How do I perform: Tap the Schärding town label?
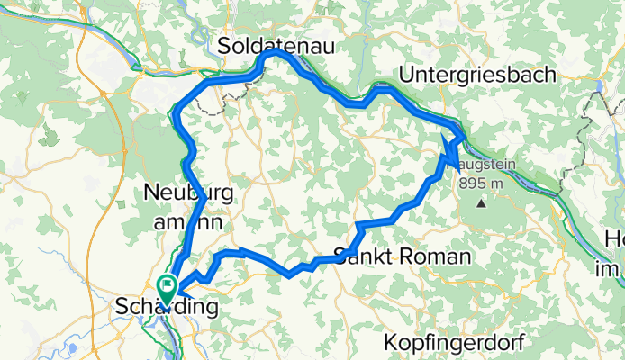click(168, 308)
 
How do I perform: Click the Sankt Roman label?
click(402, 256)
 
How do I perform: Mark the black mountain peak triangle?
click(481, 202)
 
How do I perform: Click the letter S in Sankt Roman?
click(340, 256)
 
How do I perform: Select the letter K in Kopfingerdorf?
click(390, 342)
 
